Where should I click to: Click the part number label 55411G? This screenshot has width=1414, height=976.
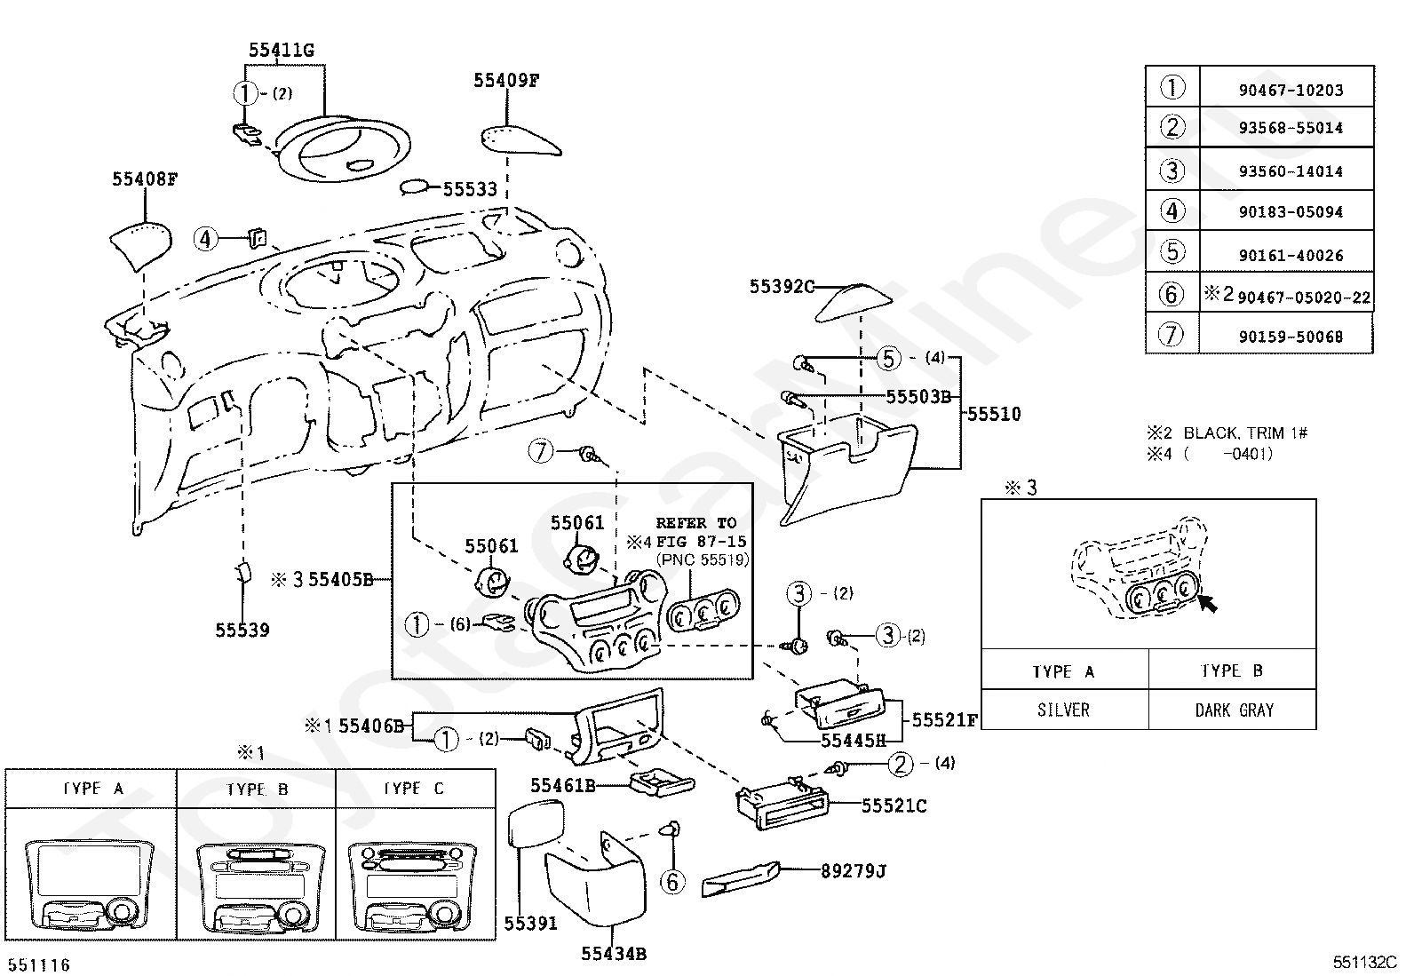coord(281,50)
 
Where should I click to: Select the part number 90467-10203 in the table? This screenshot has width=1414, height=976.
coord(1291,91)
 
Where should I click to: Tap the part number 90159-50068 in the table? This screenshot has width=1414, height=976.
coord(1291,337)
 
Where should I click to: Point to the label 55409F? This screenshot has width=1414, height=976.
coord(506,80)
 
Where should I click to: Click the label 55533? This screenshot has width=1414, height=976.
coord(470,189)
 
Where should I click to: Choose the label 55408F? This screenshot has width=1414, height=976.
coord(145,179)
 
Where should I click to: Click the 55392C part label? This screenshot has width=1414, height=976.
coord(782,287)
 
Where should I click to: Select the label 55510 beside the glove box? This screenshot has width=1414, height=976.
coord(994,414)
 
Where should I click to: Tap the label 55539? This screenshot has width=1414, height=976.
coord(242,630)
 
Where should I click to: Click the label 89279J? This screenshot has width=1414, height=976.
coord(854,871)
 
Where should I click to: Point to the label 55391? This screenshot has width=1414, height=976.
coord(531,924)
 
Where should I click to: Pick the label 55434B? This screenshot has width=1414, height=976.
coord(614,954)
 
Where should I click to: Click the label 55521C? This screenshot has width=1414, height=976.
coord(894,806)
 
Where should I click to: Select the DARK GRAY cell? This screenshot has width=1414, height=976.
coord(1234,710)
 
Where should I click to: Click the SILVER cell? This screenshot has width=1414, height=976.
coord(1064,710)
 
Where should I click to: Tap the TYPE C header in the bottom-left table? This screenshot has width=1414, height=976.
coord(414,789)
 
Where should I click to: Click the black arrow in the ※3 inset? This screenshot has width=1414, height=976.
coord(1208,604)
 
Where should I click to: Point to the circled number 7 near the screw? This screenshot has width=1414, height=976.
coord(540,451)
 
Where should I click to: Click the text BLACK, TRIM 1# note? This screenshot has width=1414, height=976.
coord(1245,433)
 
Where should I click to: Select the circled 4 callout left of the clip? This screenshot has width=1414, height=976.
coord(205,239)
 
